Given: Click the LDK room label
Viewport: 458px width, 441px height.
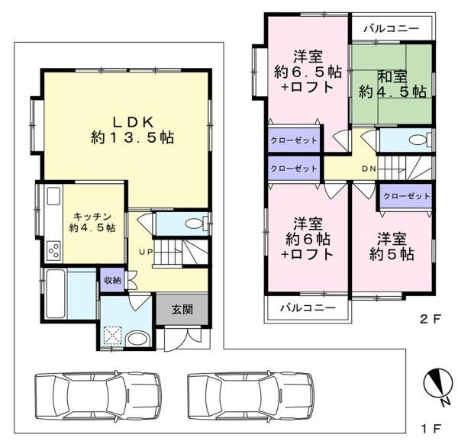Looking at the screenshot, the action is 133,123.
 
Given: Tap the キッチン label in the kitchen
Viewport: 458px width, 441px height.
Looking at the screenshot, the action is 92,217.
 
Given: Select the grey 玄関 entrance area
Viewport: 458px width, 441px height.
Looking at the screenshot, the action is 182,309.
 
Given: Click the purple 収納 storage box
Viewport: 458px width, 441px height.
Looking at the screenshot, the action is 112,280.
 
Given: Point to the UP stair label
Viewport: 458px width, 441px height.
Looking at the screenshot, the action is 146,252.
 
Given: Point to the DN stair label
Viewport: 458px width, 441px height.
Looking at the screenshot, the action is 369,169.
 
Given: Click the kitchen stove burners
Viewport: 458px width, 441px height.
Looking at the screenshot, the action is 54,251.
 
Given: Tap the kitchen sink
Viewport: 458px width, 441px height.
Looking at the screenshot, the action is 53,196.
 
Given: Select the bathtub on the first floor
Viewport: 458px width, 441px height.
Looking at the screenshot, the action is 56,293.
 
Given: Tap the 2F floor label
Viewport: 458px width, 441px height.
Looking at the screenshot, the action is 430,319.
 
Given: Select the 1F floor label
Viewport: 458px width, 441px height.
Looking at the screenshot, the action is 431,429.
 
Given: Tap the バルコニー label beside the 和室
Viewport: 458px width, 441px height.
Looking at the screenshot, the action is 392,28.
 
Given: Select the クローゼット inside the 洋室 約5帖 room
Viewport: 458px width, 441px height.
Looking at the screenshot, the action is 406,196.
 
